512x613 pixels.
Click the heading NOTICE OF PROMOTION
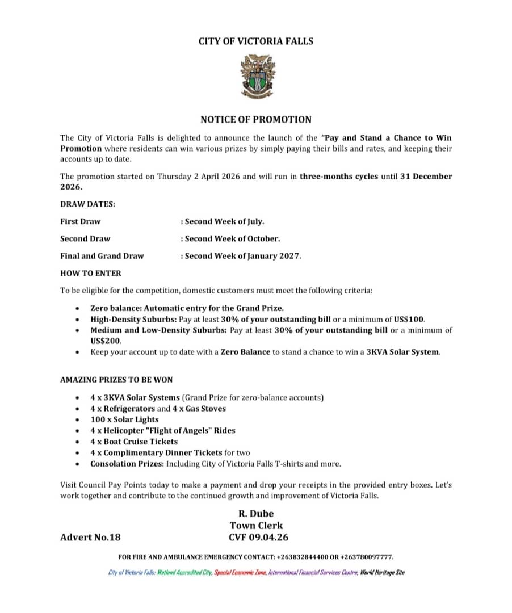[x=255, y=119]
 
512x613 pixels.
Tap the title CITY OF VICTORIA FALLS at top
[x=255, y=41]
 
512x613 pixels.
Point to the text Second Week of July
[x=223, y=221]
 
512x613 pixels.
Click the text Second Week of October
[x=231, y=238]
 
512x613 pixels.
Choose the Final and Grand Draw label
[x=102, y=255]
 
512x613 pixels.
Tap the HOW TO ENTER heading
[x=91, y=273]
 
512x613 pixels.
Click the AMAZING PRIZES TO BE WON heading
[x=116, y=379]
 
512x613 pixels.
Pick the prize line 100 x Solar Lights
[x=124, y=419]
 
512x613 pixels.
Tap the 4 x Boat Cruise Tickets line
[x=134, y=442]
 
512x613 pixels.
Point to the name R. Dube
[x=255, y=514]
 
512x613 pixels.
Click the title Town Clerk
[x=256, y=526]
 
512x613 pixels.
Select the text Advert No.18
[x=90, y=537]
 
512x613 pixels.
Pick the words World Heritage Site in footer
[x=383, y=572]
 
